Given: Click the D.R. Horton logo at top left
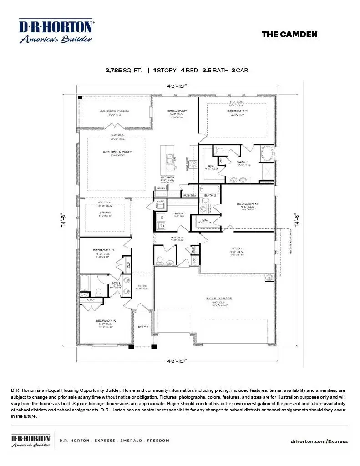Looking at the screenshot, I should [56, 31].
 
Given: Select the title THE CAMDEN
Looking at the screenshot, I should [289, 35].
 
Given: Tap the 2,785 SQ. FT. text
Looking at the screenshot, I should [123, 71].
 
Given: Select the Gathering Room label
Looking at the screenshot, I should [117, 152].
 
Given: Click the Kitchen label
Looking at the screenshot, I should [167, 177].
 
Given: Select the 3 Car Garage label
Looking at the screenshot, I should [219, 299].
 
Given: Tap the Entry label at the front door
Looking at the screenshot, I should [143, 326].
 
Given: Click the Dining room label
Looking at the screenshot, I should [105, 212].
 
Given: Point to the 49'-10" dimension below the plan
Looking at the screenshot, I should [177, 361].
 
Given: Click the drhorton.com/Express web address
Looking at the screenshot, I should [319, 441].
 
